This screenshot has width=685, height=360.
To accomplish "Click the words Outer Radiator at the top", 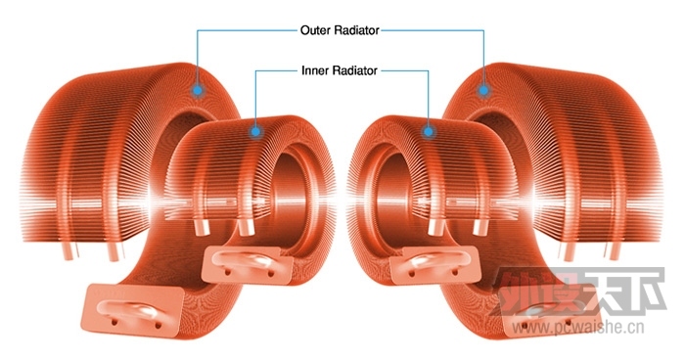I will [338, 30].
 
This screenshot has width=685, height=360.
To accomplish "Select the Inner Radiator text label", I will [339, 70].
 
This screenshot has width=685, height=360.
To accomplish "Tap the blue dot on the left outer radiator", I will [199, 90].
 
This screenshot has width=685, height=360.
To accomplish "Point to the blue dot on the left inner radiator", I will [255, 129].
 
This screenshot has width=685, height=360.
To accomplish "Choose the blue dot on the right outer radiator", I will [483, 90].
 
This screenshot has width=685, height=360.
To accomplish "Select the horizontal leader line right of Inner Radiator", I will [404, 70].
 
